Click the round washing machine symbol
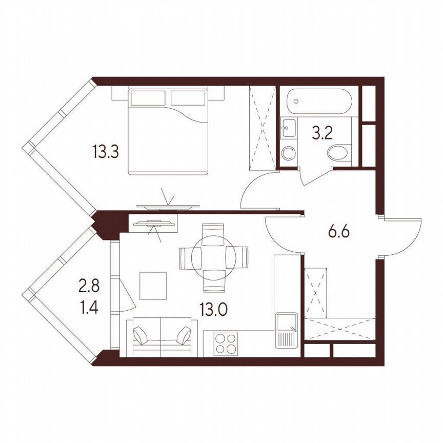coord(288,153)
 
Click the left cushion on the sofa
coord(141,336)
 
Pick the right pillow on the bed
coord(188,97)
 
